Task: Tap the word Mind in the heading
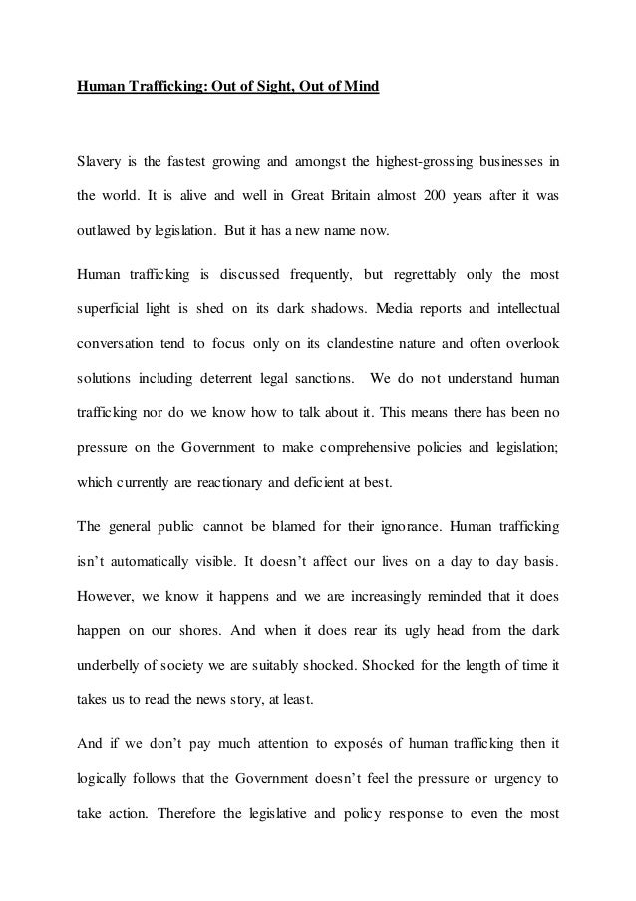coord(361,87)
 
